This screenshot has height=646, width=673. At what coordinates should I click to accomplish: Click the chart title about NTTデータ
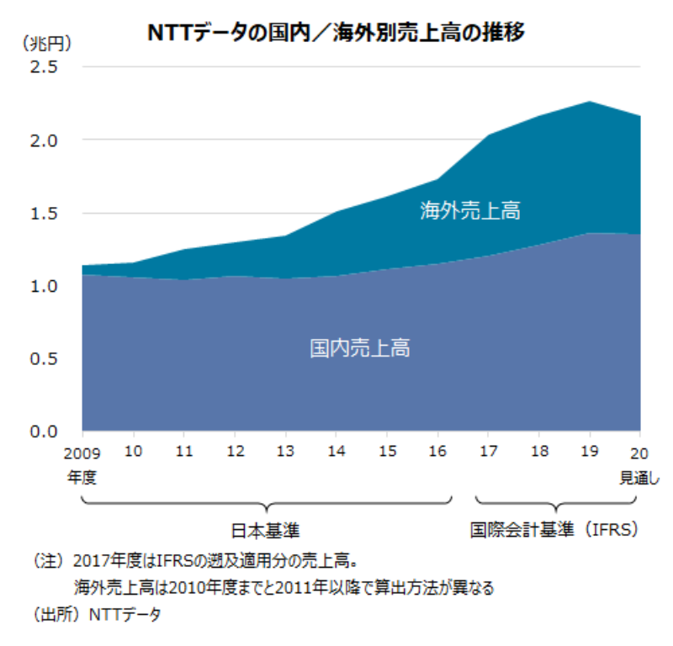click(x=336, y=33)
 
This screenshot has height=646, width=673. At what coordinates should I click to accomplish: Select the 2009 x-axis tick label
click(x=81, y=451)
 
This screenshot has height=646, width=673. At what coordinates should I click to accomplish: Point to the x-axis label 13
click(x=285, y=451)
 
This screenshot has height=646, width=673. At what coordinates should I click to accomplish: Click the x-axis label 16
click(x=437, y=451)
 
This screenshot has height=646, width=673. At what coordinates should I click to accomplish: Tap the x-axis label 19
click(x=590, y=451)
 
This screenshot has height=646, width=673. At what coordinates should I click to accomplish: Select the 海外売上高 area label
click(x=470, y=210)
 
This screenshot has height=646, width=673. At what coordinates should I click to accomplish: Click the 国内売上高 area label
click(x=360, y=347)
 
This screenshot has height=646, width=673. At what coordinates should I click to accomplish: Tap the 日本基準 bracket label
click(x=266, y=531)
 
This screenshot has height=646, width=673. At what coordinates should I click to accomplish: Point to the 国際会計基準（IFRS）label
click(x=554, y=531)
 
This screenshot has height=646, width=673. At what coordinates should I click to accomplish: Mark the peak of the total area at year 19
click(x=590, y=102)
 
